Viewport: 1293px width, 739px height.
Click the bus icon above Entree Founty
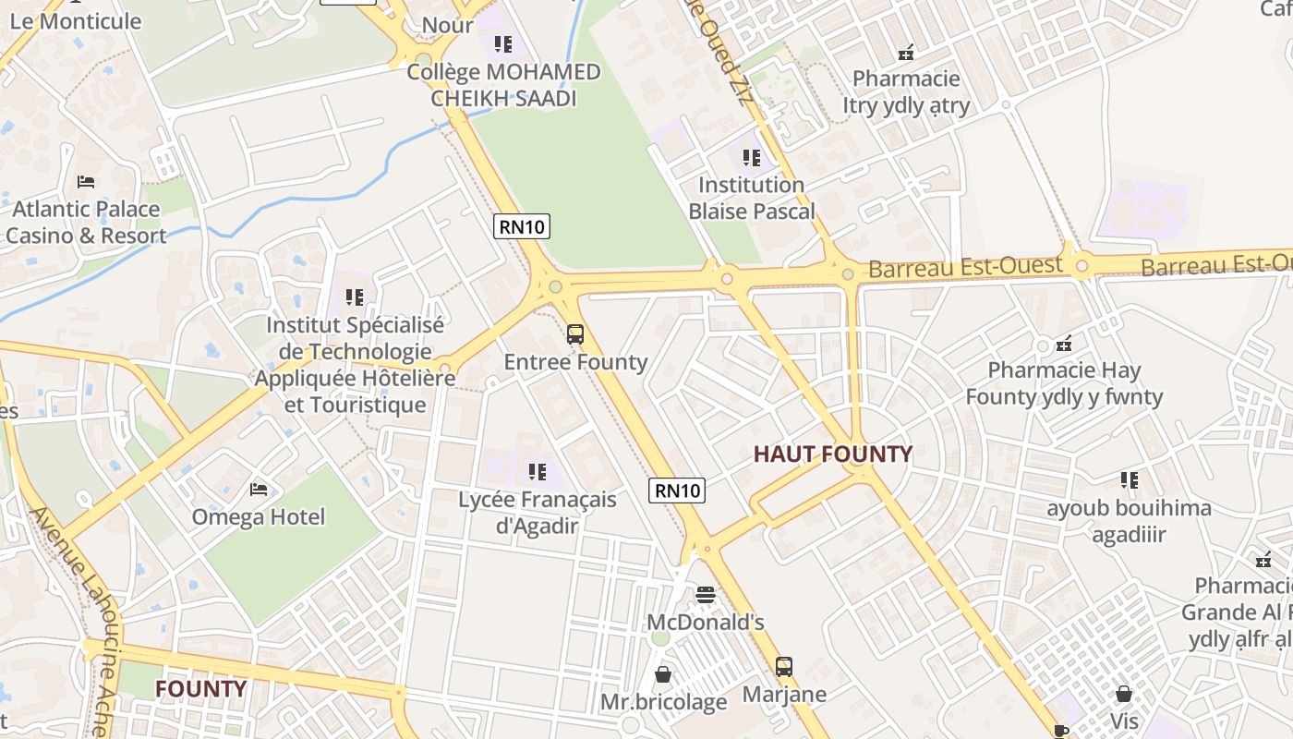point(575,334)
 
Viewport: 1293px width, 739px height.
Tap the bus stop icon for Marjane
point(783,666)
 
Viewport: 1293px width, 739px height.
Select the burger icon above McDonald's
point(706,595)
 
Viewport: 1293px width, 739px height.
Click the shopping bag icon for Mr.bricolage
point(662,675)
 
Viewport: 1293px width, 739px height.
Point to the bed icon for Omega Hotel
point(259,489)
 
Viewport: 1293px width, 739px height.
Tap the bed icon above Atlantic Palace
point(86,182)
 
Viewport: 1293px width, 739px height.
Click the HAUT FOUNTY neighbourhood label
point(832,454)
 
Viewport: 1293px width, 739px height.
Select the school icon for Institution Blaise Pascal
point(752,158)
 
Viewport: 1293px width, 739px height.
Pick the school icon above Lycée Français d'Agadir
point(538,472)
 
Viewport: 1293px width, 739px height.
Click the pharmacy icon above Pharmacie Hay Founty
point(1064,344)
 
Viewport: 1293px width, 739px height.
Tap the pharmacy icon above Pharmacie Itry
point(906,52)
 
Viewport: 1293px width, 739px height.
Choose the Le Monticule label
point(76,20)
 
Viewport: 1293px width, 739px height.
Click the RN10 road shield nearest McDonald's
point(678,491)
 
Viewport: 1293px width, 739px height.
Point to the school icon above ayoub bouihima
point(1129,480)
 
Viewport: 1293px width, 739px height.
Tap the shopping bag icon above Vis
point(1124,693)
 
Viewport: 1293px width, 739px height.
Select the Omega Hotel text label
point(259,516)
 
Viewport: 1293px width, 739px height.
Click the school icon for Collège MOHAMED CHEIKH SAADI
point(503,44)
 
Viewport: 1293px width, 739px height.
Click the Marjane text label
point(784,694)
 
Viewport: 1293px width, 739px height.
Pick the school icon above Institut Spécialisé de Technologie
point(355,297)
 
